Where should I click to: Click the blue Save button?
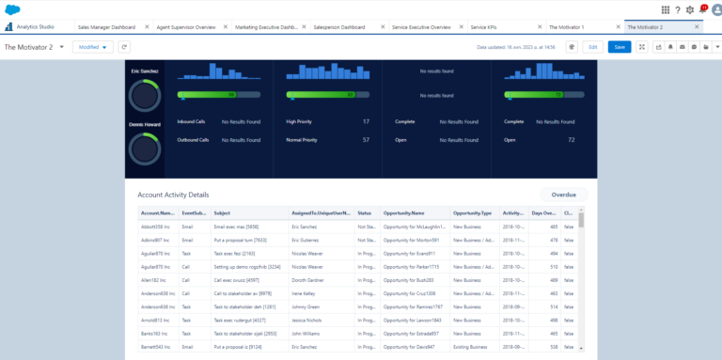[x=620, y=46]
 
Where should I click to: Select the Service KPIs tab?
[x=484, y=28]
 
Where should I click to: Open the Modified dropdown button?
[x=92, y=46]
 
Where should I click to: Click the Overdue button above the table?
[x=563, y=195]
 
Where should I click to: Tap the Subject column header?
[x=222, y=213]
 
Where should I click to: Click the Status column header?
[x=365, y=213]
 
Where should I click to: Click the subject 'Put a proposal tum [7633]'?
[x=236, y=240]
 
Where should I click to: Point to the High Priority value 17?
[x=366, y=121]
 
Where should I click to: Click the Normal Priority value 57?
[x=366, y=139]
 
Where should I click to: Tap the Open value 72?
[x=571, y=139]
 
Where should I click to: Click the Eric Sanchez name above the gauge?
[x=145, y=71]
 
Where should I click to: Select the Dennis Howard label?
[x=145, y=124]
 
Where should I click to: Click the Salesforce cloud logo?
[x=12, y=9]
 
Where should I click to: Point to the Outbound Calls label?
[x=193, y=139]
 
